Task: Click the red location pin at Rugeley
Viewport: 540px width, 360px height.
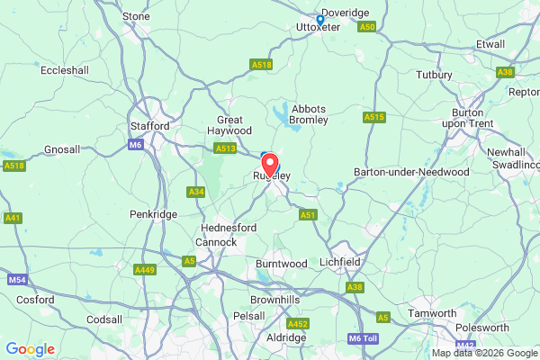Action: click(270, 166)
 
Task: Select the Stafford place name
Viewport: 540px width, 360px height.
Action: click(149, 126)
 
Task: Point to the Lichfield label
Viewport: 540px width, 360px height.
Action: click(340, 262)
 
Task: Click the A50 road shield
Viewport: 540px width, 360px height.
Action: click(365, 28)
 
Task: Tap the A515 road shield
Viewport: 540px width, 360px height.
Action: click(374, 117)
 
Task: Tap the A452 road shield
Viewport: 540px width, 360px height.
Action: click(297, 323)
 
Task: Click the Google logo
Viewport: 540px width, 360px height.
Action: click(30, 349)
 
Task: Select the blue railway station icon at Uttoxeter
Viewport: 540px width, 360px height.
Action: click(319, 18)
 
